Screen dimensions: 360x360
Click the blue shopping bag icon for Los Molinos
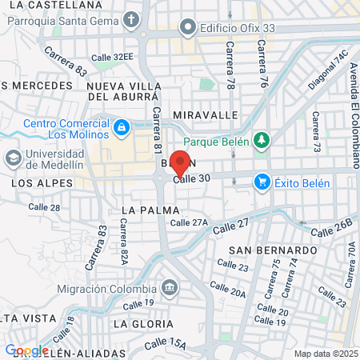pos(121,127)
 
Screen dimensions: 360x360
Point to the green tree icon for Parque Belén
pos(261,140)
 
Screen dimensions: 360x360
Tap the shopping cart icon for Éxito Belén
pos(262,182)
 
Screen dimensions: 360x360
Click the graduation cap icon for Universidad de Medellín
pos(14,158)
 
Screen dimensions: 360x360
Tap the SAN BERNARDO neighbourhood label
pos(264,250)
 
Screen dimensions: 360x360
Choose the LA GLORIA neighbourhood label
pos(142,323)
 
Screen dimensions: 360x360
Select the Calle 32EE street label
pos(112,57)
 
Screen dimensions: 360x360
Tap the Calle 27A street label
pos(189,222)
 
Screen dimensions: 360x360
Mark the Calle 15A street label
pos(166,345)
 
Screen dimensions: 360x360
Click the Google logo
pos(26,350)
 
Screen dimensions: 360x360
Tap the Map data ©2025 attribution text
pos(326,354)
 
